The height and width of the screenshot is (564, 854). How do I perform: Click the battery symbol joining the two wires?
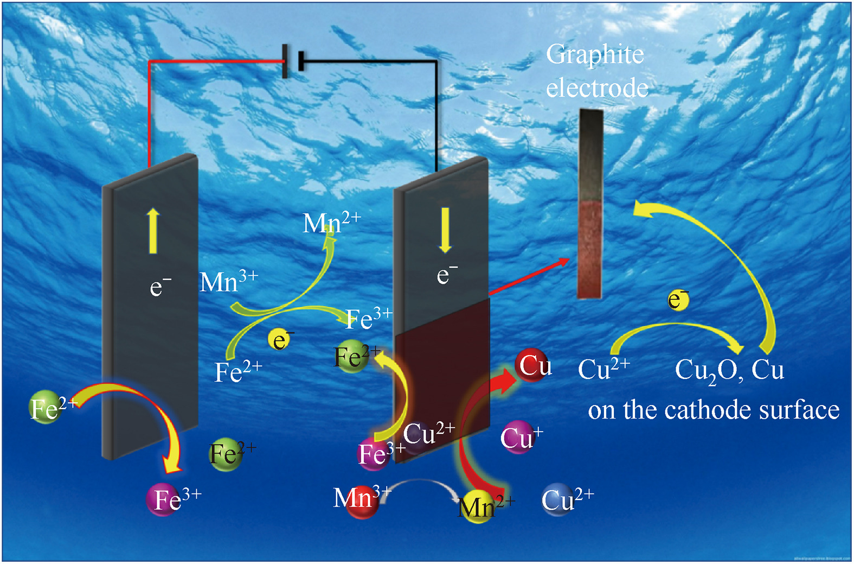click(293, 61)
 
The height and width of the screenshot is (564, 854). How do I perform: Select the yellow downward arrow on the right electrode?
click(445, 230)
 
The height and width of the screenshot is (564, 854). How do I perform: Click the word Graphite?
click(595, 54)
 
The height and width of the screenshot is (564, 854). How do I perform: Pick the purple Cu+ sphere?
click(518, 436)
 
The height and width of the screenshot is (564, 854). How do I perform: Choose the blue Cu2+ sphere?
click(558, 499)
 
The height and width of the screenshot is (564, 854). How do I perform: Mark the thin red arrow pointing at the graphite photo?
click(529, 277)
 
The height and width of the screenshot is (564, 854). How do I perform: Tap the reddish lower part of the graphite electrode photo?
click(590, 250)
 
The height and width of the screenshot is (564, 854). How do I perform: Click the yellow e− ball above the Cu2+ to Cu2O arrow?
click(678, 300)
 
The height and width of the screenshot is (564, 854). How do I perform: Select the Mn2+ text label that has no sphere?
click(331, 223)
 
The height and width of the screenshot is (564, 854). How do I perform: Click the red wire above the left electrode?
click(150, 109)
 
